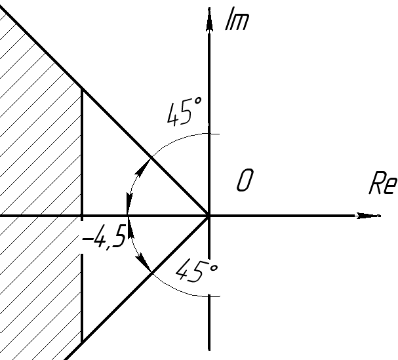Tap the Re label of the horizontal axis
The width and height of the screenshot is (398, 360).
(x=382, y=184)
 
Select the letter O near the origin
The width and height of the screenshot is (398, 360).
(x=245, y=180)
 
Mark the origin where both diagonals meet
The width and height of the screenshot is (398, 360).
(x=210, y=215)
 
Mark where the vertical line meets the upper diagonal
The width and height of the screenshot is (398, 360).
(x=81, y=88)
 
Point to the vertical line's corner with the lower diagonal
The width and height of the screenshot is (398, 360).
(x=81, y=342)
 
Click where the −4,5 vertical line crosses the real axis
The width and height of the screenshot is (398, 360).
(x=81, y=215)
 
